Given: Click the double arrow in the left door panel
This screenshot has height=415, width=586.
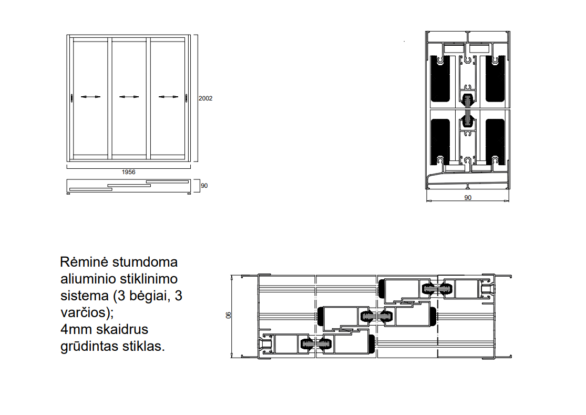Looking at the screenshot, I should point(90,97).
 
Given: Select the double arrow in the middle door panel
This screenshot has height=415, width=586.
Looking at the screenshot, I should point(129,97).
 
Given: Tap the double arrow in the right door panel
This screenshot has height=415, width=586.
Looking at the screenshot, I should point(168,97).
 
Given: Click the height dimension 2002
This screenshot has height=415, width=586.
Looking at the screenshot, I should point(205,98).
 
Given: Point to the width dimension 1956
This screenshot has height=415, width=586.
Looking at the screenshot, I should point(129,172).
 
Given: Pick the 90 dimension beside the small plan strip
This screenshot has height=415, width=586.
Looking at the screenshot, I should point(204,186).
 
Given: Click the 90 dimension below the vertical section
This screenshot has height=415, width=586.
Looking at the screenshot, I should point(468,198).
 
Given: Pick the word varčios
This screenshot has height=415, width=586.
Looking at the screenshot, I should point(85,313).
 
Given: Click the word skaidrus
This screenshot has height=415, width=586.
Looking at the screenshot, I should point(122,330).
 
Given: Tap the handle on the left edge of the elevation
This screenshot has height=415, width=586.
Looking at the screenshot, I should point(71,97).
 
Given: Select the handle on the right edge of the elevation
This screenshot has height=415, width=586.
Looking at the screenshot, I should point(186,97).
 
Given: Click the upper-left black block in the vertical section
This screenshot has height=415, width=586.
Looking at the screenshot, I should point(440,79).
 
